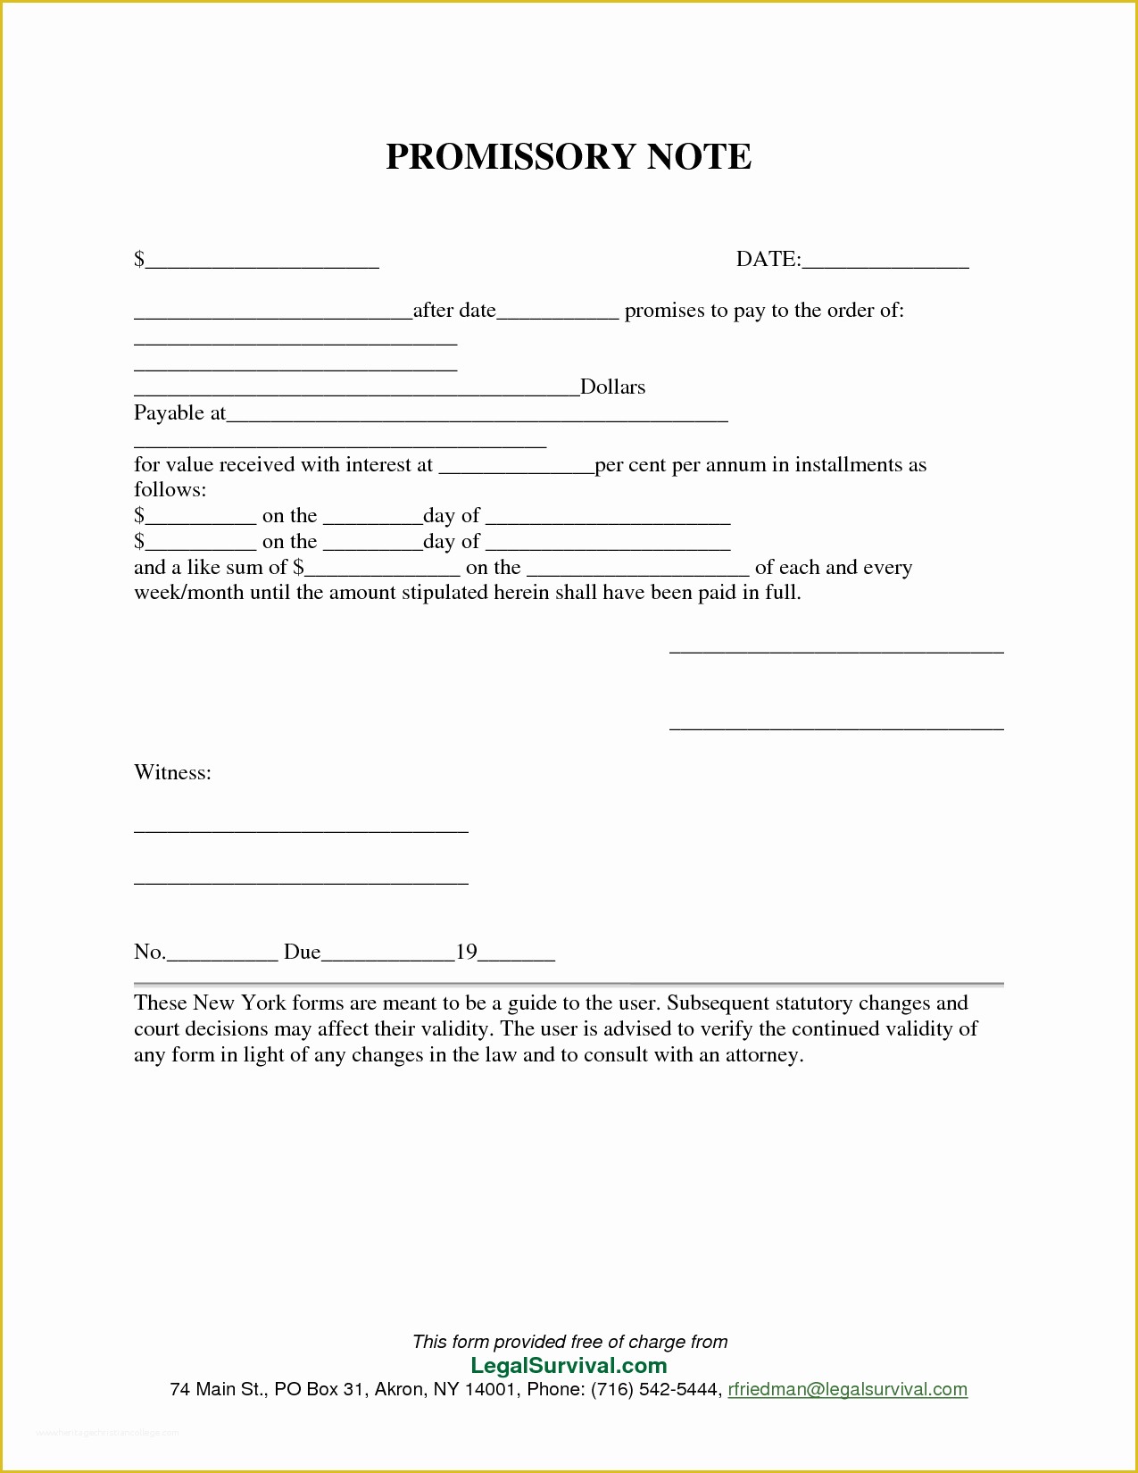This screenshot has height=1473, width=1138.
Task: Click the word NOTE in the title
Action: coord(699,157)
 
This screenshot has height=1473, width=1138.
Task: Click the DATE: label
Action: coord(768,260)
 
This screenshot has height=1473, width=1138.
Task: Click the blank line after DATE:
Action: coord(885,265)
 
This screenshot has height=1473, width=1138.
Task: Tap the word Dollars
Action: coord(612,387)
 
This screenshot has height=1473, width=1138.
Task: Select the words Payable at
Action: coord(179,413)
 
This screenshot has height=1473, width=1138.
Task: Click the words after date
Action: coord(454,311)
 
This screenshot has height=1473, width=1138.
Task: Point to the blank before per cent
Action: coord(516,470)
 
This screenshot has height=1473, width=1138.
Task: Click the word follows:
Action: coord(170,490)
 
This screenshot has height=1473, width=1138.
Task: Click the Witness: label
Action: coord(172,773)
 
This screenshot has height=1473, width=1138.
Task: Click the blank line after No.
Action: coord(222,958)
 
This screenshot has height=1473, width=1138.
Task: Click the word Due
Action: coord(302,953)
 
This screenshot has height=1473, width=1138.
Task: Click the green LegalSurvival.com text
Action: coord(569,1366)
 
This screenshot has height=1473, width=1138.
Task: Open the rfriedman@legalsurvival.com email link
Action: coord(847,1390)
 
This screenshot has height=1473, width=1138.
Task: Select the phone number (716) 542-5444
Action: coord(655,1390)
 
